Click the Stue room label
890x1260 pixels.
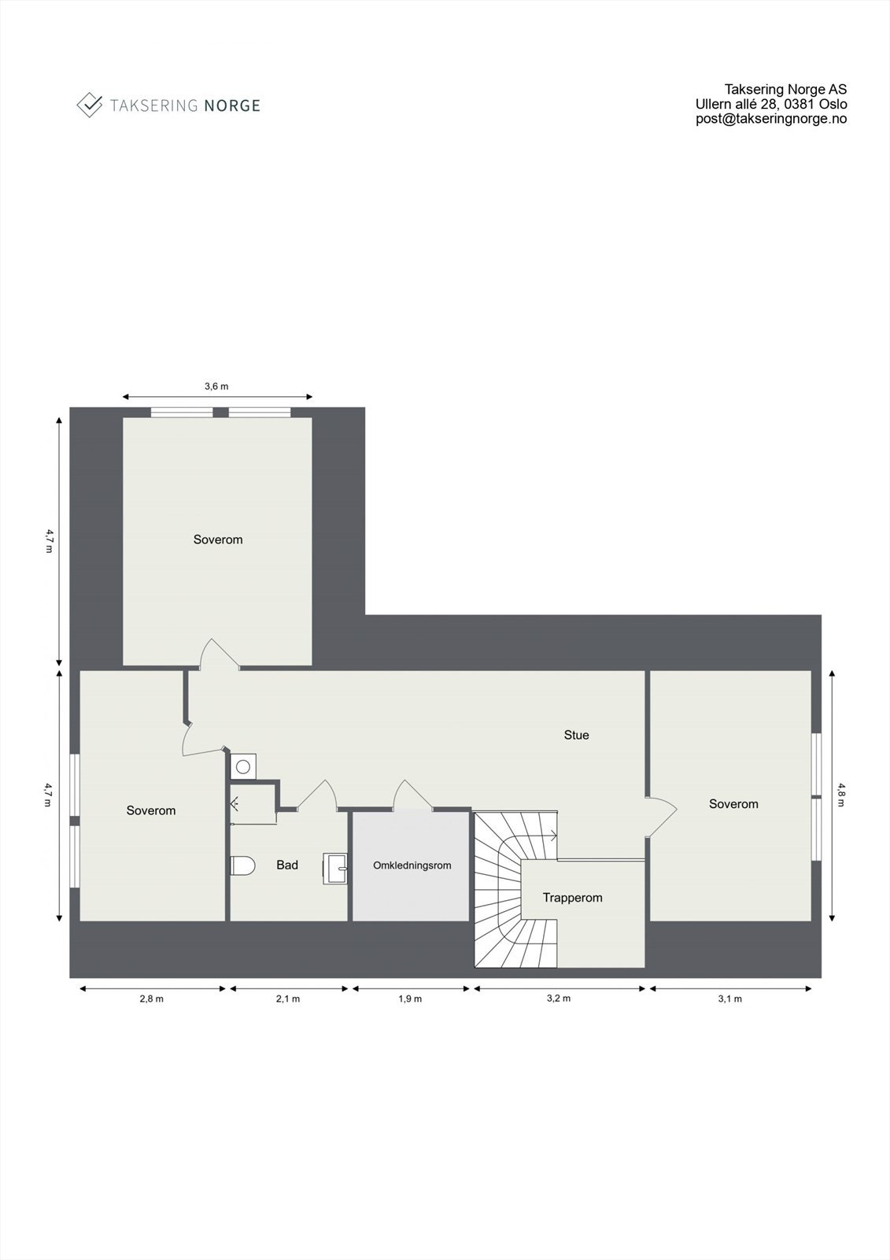(x=576, y=735)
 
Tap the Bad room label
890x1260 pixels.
(x=287, y=865)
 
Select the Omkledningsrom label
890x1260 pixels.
(x=412, y=865)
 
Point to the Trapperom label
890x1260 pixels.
(x=572, y=898)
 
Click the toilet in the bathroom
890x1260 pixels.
(x=243, y=865)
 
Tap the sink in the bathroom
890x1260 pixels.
(x=336, y=869)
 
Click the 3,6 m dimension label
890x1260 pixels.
(x=216, y=386)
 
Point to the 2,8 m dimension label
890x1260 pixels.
(x=151, y=999)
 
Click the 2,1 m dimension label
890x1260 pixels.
(x=287, y=999)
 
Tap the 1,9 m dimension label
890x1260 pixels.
(x=410, y=999)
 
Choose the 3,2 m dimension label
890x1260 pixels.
(x=558, y=999)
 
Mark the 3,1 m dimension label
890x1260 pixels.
(x=729, y=999)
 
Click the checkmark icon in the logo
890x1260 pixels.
(x=90, y=105)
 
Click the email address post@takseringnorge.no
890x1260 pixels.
(x=771, y=119)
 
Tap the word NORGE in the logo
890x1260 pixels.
(x=231, y=106)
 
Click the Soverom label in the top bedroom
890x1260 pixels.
(x=218, y=539)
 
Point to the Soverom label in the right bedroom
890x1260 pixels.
(x=733, y=804)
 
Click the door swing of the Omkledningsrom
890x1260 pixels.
(x=412, y=794)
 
